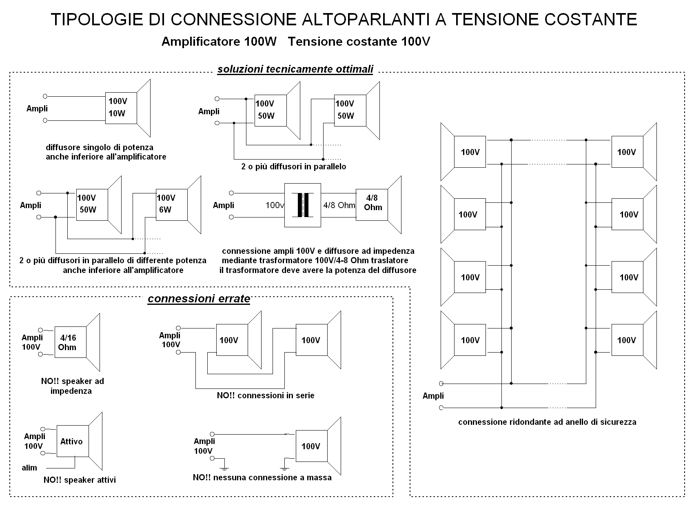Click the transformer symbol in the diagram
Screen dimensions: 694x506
coord(303,205)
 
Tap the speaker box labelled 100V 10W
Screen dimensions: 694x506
coord(121,108)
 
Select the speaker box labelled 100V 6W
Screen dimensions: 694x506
coord(172,205)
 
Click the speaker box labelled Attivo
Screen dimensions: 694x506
coord(73,441)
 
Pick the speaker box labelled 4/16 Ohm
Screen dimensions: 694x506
coord(70,342)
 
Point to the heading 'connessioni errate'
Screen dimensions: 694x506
coord(199,298)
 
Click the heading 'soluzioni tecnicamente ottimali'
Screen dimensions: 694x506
coord(295,69)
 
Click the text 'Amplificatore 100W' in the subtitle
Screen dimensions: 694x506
coord(219,42)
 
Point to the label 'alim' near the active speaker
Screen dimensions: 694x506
coord(29,468)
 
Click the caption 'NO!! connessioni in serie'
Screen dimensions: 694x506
coord(266,395)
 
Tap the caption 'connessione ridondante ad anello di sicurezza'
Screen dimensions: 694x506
coord(547,422)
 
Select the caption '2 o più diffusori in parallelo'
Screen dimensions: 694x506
coord(293,167)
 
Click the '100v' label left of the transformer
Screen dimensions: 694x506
coord(275,205)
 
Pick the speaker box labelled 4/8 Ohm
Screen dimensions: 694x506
coord(372,205)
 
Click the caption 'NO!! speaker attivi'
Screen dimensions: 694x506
coord(80,480)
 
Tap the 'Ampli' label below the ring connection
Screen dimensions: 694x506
coord(433,396)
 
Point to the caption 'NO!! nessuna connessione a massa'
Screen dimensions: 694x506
coord(262,477)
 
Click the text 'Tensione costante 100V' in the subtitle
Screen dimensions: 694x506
coord(359,42)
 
